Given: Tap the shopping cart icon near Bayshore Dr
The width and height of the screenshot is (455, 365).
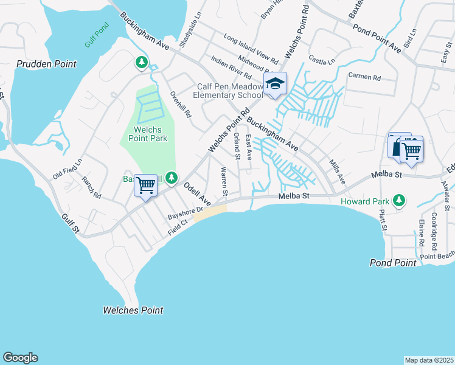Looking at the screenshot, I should coord(146,185).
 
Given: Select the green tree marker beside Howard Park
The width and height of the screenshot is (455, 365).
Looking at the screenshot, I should coord(399,200).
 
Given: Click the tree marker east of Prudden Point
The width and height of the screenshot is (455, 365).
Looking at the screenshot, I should coord(141,62).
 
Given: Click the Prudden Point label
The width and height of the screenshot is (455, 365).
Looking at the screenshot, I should coord(46,64).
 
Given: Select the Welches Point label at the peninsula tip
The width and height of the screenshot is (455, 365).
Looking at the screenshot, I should coord(133,310).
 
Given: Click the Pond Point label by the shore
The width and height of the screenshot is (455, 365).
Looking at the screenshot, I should coord(393,263).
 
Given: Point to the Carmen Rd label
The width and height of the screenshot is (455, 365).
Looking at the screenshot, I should coord(364,77).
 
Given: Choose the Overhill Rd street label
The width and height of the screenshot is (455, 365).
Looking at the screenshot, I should coord(181,104).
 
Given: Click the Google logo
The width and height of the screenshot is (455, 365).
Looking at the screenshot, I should coord(20,358).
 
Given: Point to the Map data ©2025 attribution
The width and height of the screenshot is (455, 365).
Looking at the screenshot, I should coord(429,360).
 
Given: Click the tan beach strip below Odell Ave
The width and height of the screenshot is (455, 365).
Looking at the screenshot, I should coord(209,214).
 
